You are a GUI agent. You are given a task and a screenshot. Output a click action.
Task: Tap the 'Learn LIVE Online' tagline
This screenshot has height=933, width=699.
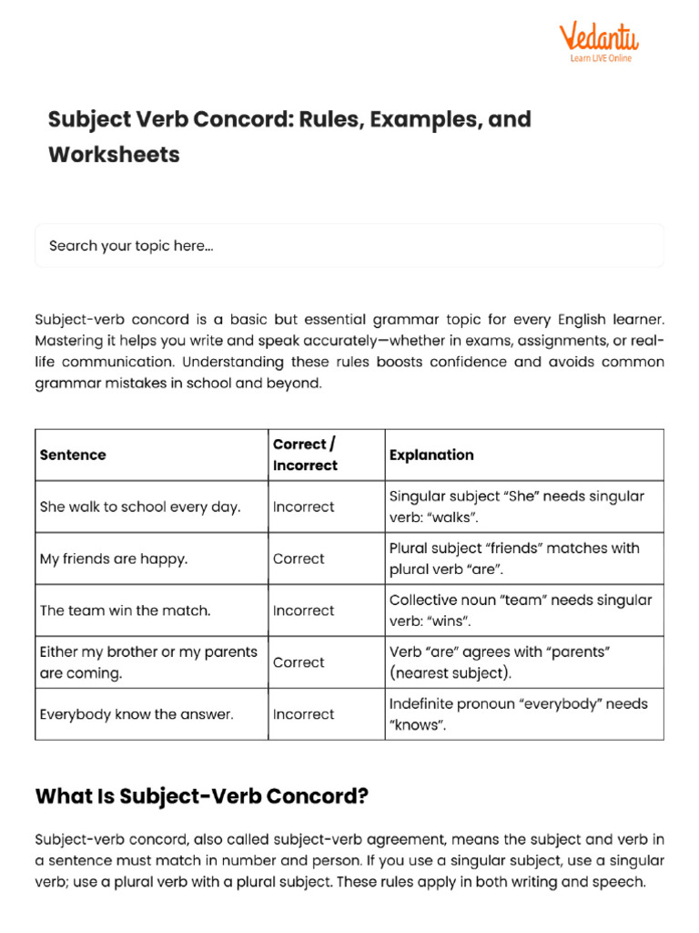coord(601,58)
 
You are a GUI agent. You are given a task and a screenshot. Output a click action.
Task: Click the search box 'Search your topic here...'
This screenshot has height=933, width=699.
coord(349,246)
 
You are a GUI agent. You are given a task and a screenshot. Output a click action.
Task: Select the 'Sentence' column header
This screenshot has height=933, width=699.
coord(73,455)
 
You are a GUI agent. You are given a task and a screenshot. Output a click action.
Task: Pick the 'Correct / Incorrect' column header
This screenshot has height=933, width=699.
coord(305,455)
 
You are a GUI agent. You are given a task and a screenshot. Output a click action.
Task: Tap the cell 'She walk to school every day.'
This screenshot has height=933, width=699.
coord(140,507)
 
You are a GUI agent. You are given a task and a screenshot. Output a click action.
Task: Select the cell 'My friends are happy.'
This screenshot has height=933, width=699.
coord(114,559)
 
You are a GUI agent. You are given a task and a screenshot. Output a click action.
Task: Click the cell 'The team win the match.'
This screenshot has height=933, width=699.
coord(125,610)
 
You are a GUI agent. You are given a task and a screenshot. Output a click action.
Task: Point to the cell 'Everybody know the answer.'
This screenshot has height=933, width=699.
coord(137,714)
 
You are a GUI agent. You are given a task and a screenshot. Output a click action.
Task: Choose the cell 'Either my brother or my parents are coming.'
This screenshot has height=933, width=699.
coord(148,662)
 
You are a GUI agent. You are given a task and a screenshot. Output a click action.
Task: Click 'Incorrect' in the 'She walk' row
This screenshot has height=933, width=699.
coord(303,507)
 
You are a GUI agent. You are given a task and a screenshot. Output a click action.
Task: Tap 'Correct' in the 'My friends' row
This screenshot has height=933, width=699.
coord(299,559)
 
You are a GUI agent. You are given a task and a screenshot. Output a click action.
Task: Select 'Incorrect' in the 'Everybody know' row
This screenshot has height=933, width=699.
coord(303,714)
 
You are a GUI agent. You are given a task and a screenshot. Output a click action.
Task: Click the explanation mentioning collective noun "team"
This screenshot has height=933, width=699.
coord(521,610)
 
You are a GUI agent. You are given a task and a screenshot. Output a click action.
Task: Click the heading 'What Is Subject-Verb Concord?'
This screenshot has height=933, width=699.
coord(201,795)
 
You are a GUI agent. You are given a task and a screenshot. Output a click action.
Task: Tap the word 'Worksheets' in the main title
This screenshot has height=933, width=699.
coord(114,154)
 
